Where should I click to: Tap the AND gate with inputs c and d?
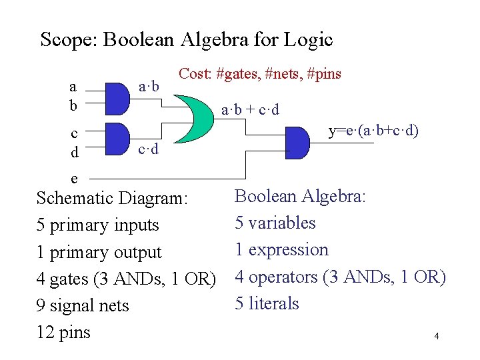(116, 138)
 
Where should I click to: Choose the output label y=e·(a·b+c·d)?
(373, 131)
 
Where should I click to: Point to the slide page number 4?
(436, 336)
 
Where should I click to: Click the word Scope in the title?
(66, 40)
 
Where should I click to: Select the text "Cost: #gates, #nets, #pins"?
(259, 74)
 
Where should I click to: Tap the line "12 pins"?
(63, 332)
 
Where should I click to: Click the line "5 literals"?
(267, 303)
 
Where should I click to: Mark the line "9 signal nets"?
(83, 305)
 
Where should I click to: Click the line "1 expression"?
(282, 249)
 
